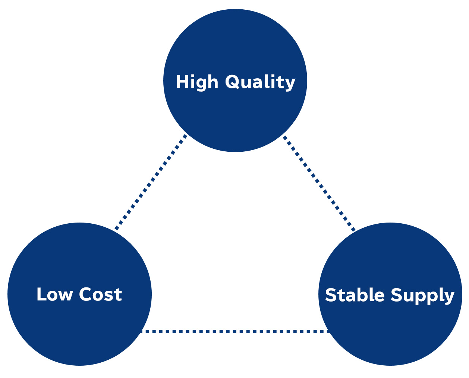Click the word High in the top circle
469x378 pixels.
coord(197,82)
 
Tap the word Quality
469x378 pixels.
coord(260,82)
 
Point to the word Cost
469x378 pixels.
coord(100,294)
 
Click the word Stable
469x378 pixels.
coord(355,295)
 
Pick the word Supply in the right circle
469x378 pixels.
coord(422,296)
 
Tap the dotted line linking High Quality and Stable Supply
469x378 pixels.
coord(319,183)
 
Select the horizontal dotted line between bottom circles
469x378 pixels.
coord(235,331)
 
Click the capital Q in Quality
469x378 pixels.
coord(233,82)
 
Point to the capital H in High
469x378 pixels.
coord(182,82)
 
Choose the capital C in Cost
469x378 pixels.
coord(85,294)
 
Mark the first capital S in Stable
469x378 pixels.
coord(331,295)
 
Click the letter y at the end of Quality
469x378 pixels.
coord(290,84)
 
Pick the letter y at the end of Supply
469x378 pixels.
coord(449,297)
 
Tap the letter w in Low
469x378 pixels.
coord(65,295)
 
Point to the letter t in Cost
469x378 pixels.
coord(118,294)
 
